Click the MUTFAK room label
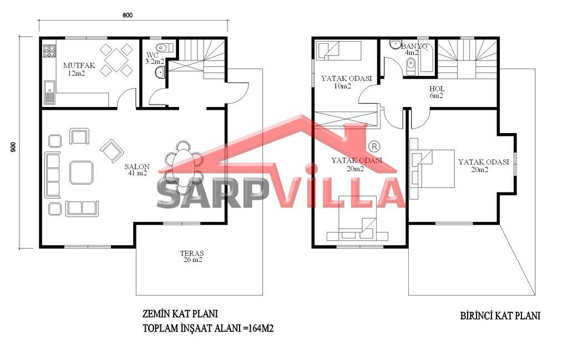tap(79, 65)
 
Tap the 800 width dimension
tap(128, 15)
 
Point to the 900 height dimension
tap(13, 146)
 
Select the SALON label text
tap(137, 166)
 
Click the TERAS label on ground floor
tap(192, 253)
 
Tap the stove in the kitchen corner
tap(49, 51)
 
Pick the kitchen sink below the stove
tap(49, 93)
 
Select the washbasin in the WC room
tap(160, 73)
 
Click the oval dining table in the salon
tap(183, 168)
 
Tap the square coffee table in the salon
tap(82, 173)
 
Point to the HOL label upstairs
tap(437, 89)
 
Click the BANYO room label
tap(414, 47)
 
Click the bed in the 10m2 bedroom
tap(339, 50)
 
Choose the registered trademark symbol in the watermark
tap(374, 146)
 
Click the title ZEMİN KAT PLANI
tap(180, 313)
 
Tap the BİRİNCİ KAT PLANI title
tap(500, 316)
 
